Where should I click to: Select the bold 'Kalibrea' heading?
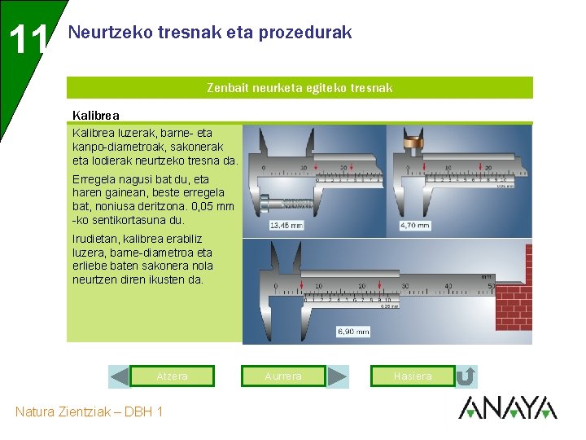(x=95, y=116)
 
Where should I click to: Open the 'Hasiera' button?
(x=412, y=376)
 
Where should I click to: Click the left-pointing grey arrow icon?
(x=120, y=376)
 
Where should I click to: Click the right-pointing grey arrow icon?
(x=338, y=376)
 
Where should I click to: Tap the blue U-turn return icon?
(x=466, y=376)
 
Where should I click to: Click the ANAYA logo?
(x=507, y=408)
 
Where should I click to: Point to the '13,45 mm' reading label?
(x=286, y=225)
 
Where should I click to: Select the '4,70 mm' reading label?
(x=414, y=225)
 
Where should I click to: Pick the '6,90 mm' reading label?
(x=353, y=332)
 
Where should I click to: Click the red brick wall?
(x=514, y=306)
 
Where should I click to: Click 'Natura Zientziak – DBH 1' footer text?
(x=89, y=411)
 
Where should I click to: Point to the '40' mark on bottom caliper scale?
(x=448, y=286)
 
